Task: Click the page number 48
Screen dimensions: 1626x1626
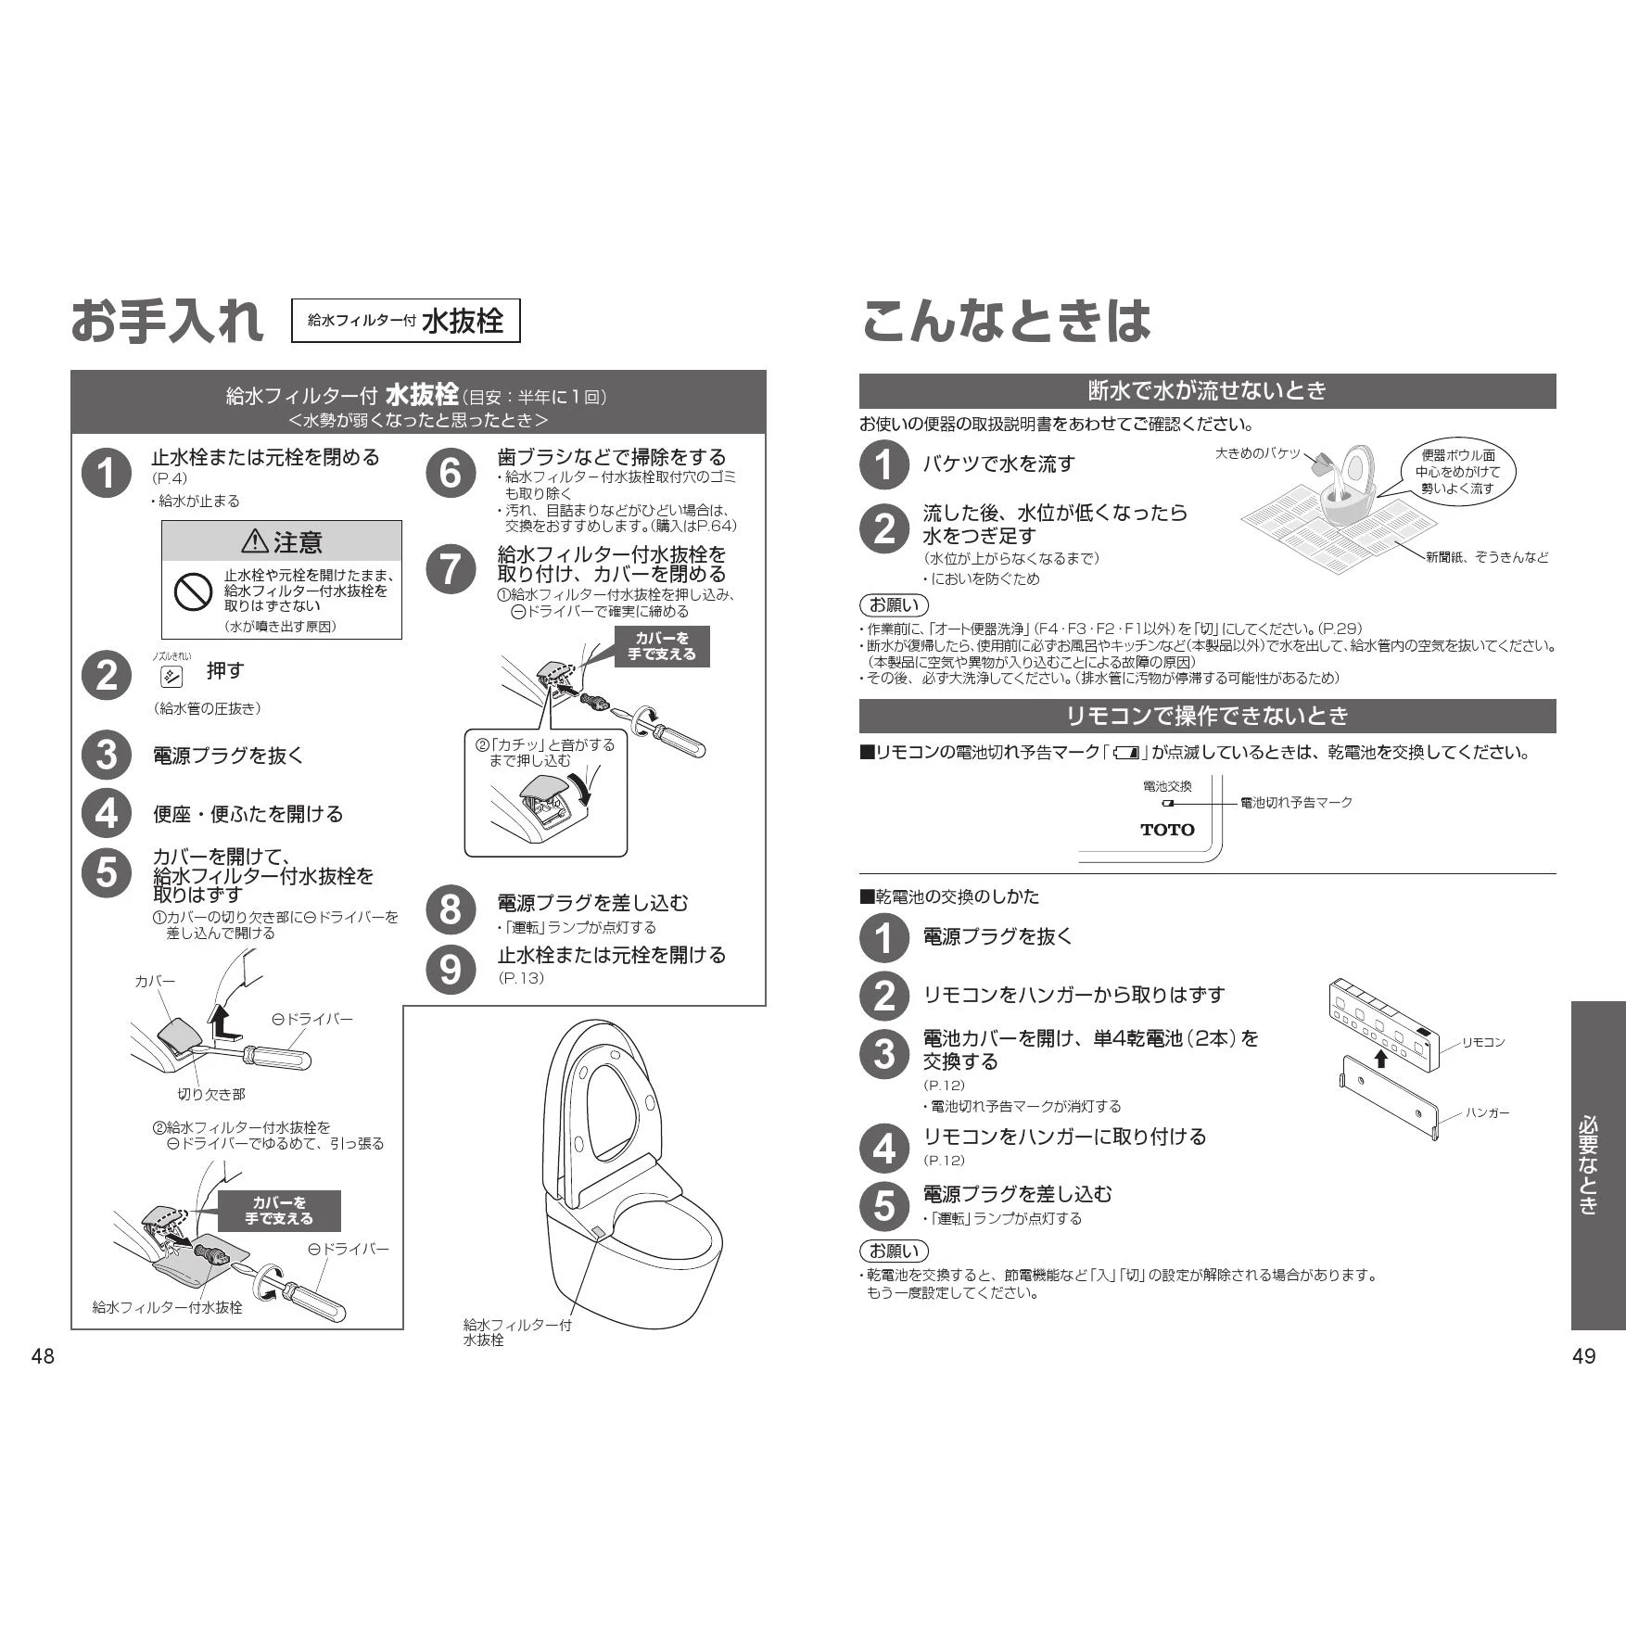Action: [x=43, y=1356]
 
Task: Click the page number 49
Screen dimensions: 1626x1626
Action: [x=1584, y=1356]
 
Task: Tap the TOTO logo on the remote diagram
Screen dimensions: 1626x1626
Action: [x=1167, y=830]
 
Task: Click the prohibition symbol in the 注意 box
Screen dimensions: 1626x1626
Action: [x=194, y=591]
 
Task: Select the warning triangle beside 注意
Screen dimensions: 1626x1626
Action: [x=254, y=540]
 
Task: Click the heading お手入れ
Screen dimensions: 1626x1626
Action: [x=167, y=321]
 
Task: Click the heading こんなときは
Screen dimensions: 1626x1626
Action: [x=1006, y=321]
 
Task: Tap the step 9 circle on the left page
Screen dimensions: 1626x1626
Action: [x=451, y=969]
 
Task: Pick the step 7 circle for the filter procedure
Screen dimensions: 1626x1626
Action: [x=451, y=568]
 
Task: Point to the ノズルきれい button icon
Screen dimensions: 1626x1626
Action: [x=171, y=676]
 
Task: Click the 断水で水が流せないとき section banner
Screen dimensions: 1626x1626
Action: [x=1207, y=391]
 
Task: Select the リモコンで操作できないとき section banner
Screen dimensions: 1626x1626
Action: [x=1207, y=716]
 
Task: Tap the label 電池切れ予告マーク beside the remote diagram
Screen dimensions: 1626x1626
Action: [x=1296, y=802]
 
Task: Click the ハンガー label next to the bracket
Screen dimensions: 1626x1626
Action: [x=1487, y=1112]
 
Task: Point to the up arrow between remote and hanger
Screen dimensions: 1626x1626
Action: [x=1380, y=1058]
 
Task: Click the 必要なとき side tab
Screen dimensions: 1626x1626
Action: [x=1598, y=1165]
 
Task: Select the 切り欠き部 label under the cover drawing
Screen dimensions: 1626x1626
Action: [x=211, y=1095]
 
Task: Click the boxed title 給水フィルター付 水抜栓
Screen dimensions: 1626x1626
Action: [x=406, y=321]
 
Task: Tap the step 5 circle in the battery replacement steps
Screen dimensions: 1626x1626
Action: [x=884, y=1205]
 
